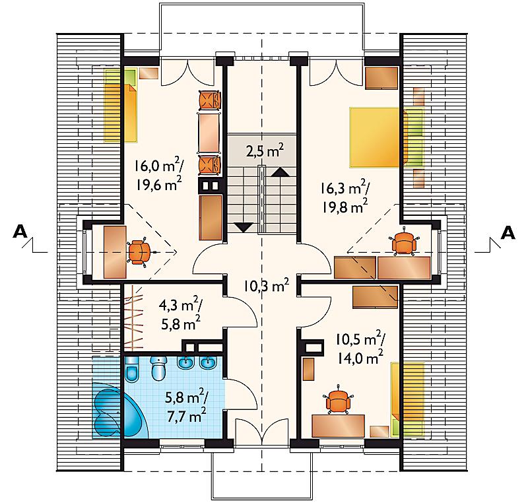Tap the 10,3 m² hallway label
(x=267, y=286)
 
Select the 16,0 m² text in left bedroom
(x=159, y=165)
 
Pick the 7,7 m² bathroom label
(x=187, y=416)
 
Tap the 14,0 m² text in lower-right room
(x=360, y=358)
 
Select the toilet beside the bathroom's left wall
(x=131, y=370)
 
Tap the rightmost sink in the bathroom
(x=208, y=362)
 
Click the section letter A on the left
(x=20, y=232)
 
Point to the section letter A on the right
(x=508, y=232)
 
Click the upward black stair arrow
(x=280, y=172)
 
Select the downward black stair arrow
(x=244, y=228)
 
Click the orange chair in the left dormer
(x=139, y=252)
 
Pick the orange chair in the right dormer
(x=404, y=242)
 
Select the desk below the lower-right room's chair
(x=338, y=426)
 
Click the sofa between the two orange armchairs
(x=209, y=133)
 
